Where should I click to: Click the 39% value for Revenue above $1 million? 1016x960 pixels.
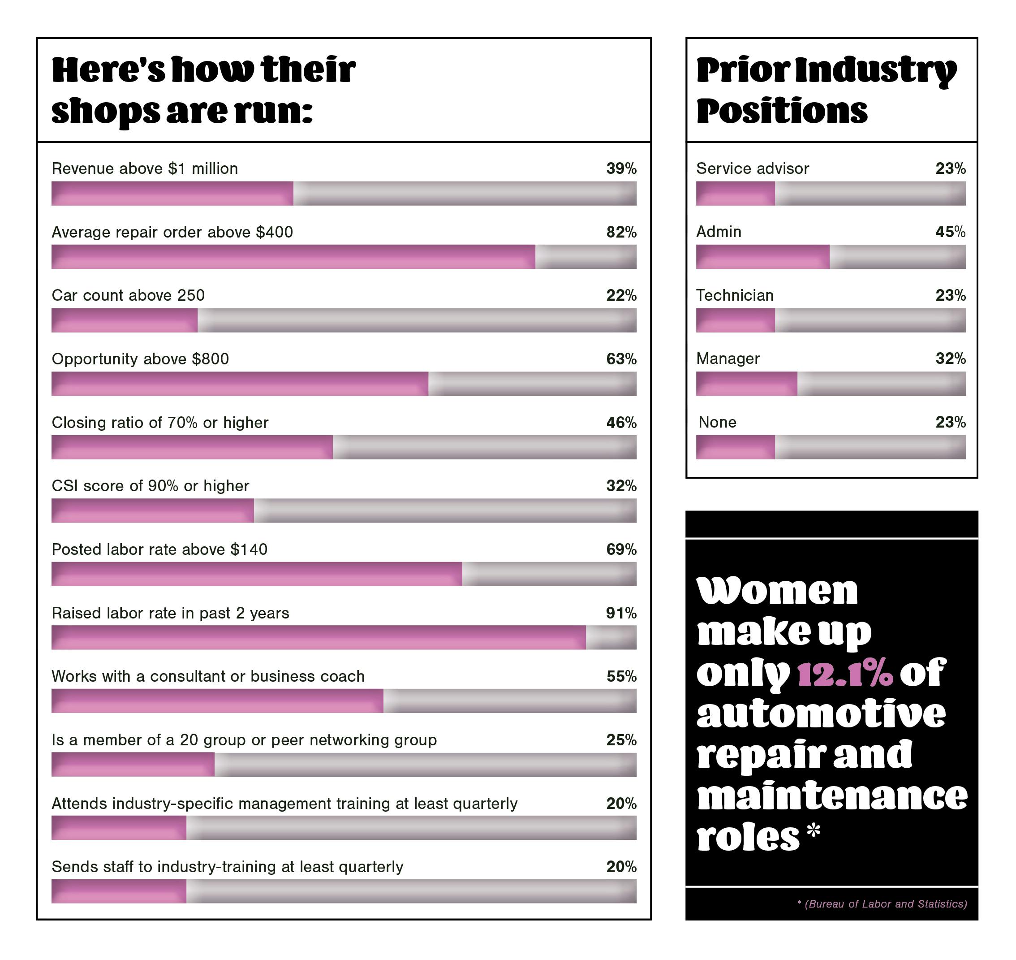coord(621,169)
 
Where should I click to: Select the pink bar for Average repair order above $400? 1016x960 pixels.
coord(293,256)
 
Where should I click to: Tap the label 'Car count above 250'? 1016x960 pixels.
coord(128,295)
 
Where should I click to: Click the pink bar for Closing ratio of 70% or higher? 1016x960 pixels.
coord(192,447)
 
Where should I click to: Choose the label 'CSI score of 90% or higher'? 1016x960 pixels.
coord(151,486)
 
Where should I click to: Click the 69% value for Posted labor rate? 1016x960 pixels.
coord(621,549)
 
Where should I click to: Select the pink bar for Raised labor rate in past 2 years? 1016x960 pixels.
coord(318,638)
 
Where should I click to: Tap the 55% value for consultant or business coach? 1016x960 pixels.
coord(621,676)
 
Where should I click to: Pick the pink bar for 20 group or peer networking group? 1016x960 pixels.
coord(133,765)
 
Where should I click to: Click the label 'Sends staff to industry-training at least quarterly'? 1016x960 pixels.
coord(227,867)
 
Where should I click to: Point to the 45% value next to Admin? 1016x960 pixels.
coord(950,232)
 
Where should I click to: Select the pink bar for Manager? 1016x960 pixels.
coord(746,384)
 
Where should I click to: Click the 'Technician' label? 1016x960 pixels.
coord(735,295)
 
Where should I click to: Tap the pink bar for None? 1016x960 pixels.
coord(735,447)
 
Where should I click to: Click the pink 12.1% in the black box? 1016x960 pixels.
coord(844,674)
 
